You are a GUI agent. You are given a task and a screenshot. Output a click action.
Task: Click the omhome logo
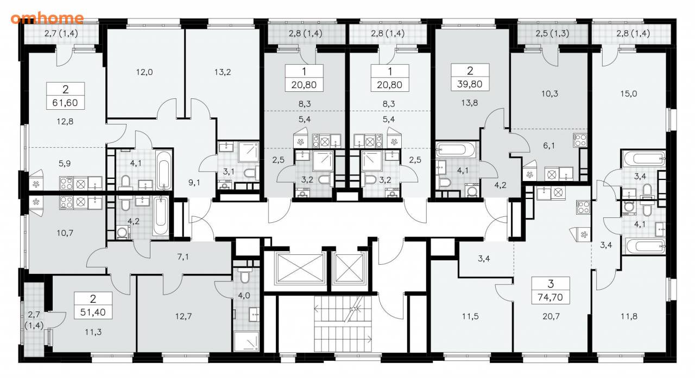click(x=47, y=18)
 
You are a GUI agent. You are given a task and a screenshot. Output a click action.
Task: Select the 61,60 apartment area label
click(x=65, y=103)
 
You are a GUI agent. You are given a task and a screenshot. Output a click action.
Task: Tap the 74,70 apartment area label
click(x=551, y=297)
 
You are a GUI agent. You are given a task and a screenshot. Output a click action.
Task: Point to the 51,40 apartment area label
click(x=93, y=312)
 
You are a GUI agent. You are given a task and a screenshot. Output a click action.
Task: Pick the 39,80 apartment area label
click(x=470, y=84)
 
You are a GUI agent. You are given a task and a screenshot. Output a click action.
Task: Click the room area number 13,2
click(x=223, y=72)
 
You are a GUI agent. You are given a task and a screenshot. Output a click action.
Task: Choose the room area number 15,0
click(x=629, y=93)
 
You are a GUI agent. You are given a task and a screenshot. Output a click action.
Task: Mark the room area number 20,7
click(x=551, y=316)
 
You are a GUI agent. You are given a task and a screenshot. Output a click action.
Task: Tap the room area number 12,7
click(x=184, y=316)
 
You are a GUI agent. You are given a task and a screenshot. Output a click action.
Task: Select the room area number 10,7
click(x=65, y=233)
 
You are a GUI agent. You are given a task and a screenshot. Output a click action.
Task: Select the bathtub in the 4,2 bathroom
click(x=161, y=216)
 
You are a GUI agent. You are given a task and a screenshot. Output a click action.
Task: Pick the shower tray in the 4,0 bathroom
click(x=247, y=341)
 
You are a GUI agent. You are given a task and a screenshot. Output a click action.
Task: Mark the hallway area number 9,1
click(x=194, y=183)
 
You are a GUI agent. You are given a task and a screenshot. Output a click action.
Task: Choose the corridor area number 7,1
click(x=183, y=257)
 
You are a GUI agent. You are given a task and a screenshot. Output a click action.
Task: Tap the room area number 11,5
click(x=470, y=316)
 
